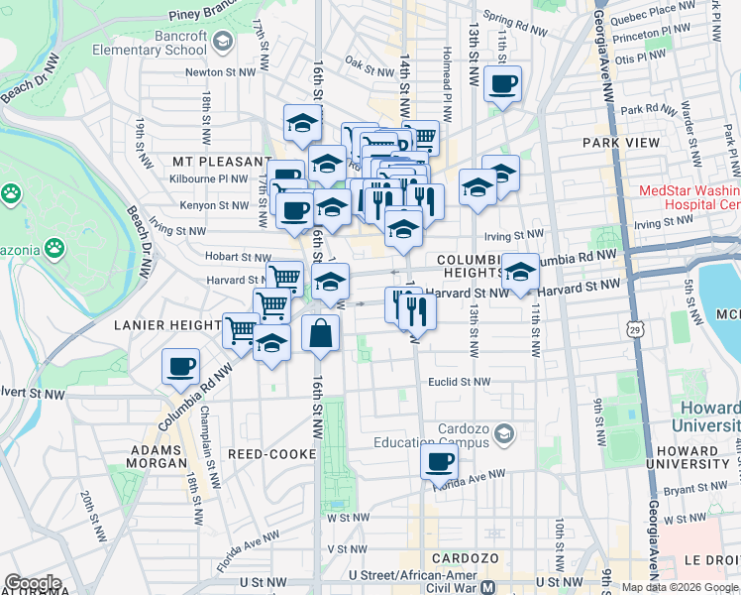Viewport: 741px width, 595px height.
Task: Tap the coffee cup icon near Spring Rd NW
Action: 503,84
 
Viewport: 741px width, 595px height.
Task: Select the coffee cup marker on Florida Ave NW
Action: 439,461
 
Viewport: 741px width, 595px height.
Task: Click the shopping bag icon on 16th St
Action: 321,335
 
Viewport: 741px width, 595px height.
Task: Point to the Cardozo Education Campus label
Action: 441,433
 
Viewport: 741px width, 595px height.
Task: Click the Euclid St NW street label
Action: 459,382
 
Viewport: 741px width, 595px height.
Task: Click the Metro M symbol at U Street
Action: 487,587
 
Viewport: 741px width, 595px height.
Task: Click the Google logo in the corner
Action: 33,583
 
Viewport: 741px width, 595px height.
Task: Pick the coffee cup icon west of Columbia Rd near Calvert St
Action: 180,367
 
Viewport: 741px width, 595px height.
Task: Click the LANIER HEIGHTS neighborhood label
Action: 166,324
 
